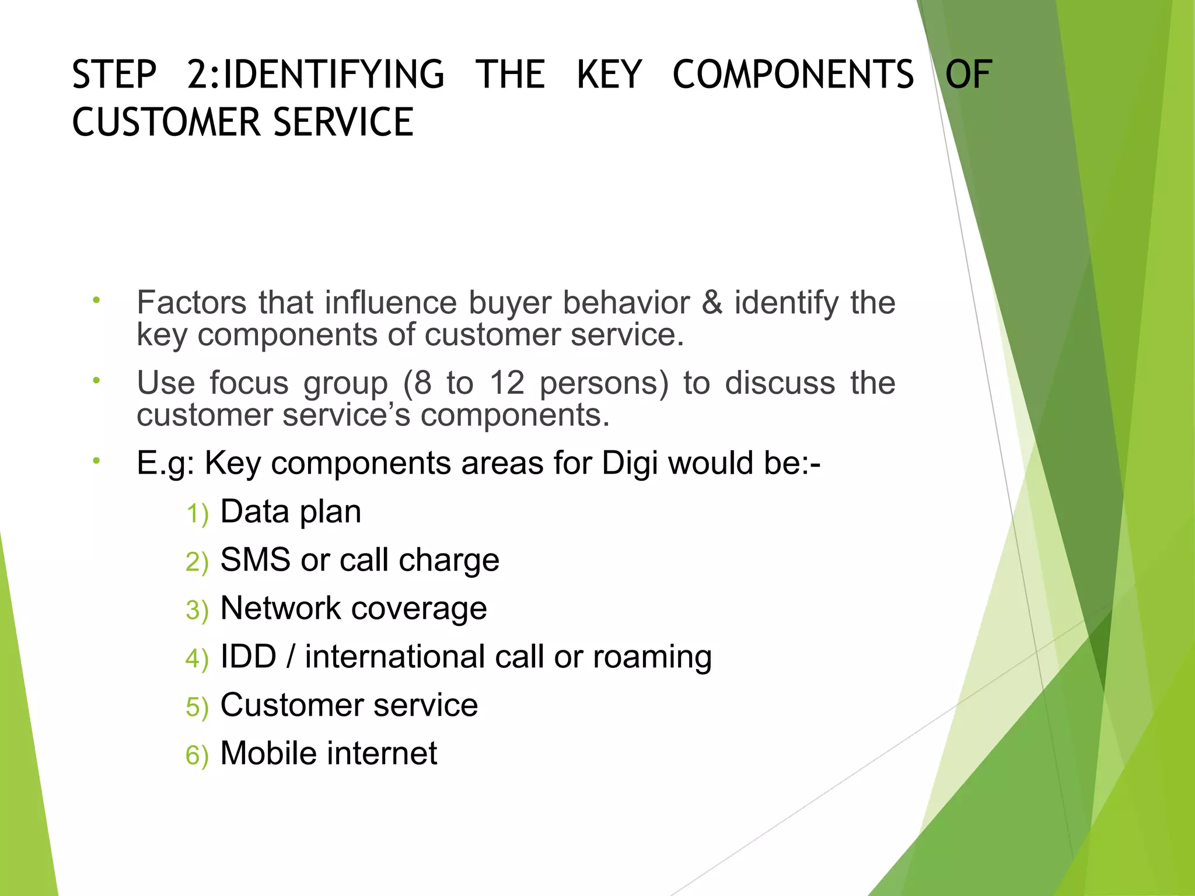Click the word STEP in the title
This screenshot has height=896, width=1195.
114,75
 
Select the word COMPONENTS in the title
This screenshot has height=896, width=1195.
793,75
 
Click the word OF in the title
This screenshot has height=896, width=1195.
969,75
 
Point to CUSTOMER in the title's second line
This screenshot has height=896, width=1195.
166,123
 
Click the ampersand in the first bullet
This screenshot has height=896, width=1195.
711,302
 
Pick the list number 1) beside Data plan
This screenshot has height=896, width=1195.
197,514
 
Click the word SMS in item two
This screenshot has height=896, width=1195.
255,560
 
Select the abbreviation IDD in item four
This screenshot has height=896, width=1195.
248,657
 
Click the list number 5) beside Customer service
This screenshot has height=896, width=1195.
197,707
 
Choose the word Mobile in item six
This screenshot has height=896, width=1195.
268,753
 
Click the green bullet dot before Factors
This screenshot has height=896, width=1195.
96,300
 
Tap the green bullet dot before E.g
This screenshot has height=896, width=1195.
96,461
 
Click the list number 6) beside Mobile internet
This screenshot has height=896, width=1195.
197,755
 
